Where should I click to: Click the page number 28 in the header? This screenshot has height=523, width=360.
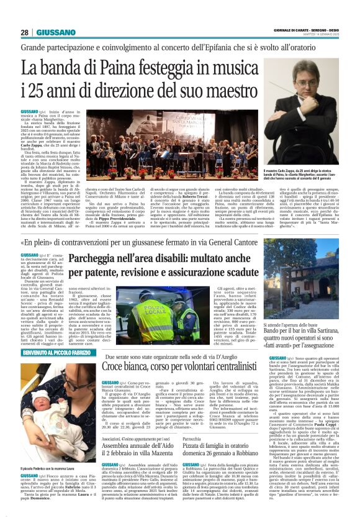pyautogui.click(x=24, y=32)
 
